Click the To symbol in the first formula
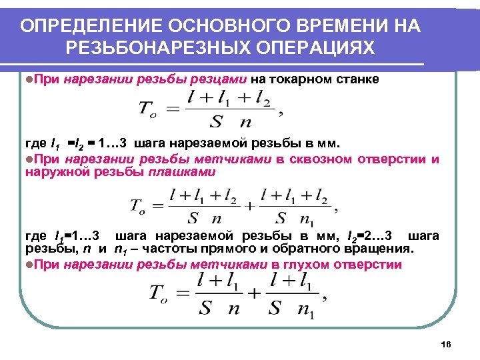[x=150, y=109]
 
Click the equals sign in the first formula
[x=172, y=109]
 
